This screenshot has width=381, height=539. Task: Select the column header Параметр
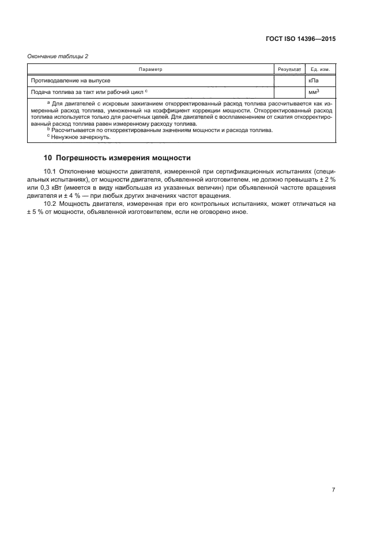150,69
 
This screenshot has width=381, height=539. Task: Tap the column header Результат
289,69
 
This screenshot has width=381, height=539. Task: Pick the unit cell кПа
314,81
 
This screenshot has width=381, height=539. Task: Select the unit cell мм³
314,92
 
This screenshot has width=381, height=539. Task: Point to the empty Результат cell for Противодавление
289,81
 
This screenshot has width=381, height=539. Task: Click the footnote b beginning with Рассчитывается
161,130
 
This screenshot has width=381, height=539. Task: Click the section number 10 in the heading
48,157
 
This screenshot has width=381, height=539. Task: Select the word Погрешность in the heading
85,157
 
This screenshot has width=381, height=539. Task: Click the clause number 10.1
51,172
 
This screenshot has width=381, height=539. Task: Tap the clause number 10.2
51,204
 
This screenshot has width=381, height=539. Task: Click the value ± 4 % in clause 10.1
82,196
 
